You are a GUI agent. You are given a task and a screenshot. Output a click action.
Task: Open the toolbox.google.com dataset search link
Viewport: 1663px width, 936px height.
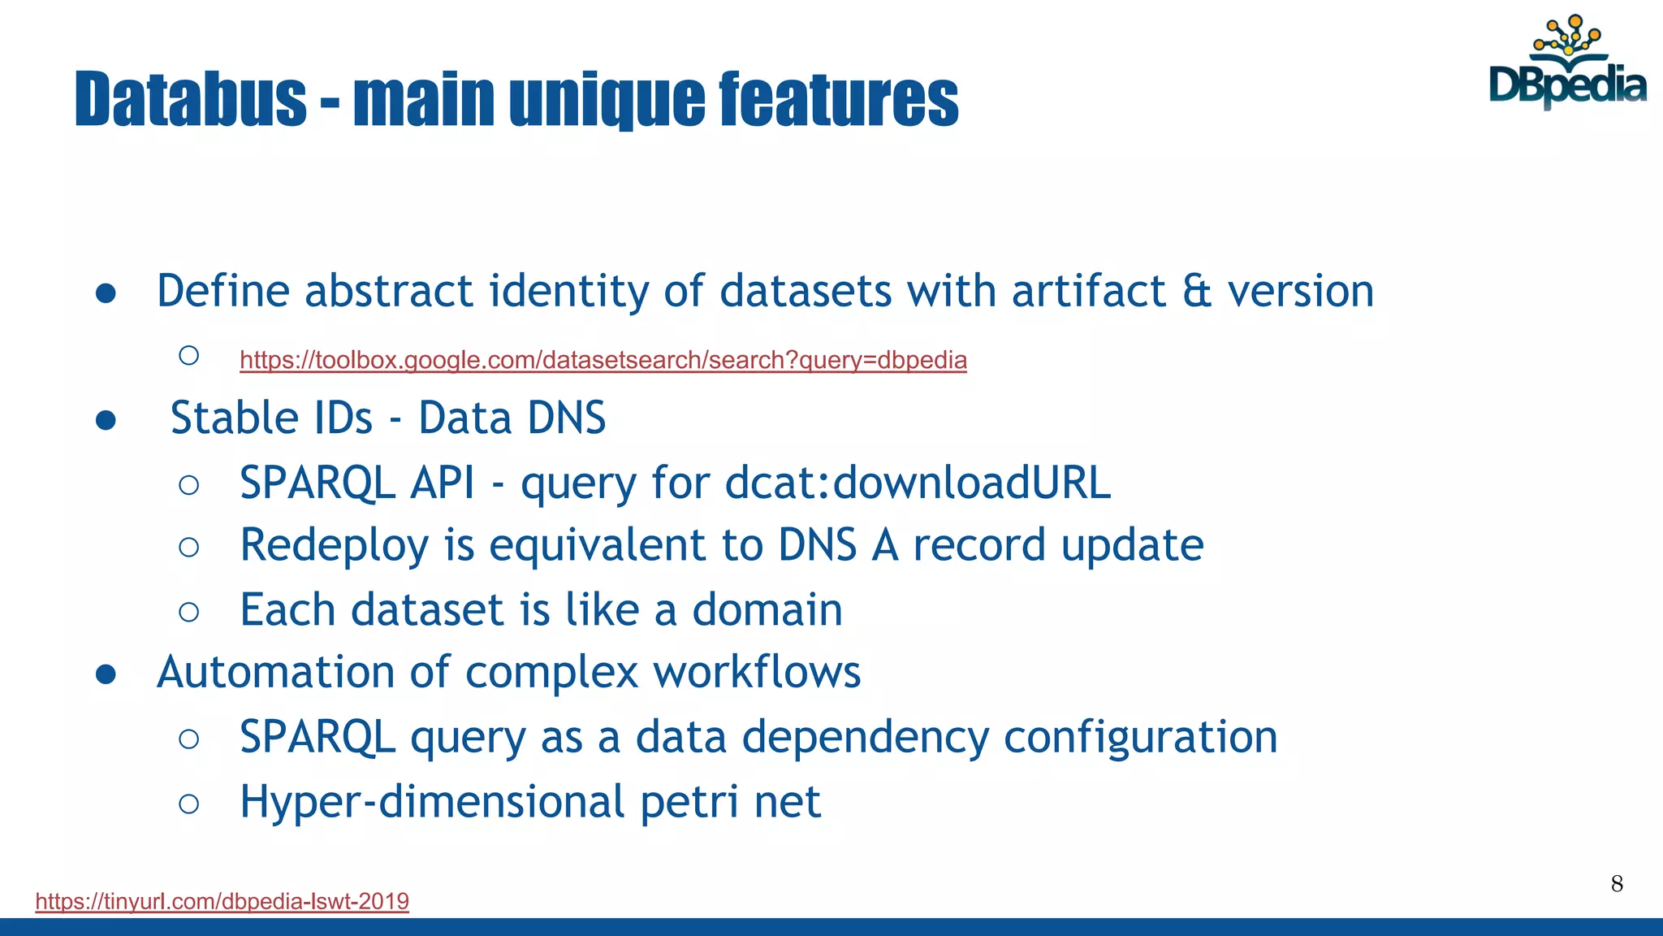603,360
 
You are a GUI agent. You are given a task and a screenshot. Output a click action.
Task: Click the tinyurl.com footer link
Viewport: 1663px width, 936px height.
222,901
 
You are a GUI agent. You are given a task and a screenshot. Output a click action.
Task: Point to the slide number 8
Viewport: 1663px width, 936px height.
1617,884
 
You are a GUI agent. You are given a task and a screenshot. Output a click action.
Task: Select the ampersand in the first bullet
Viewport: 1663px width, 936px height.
1196,291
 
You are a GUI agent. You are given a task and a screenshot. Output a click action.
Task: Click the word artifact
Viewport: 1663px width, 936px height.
1088,291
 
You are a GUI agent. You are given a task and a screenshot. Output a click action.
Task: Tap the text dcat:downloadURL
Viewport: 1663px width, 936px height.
918,483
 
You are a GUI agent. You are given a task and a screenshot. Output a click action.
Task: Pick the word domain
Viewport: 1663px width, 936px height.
767,609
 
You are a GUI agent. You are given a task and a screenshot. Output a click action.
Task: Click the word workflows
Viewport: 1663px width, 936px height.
757,673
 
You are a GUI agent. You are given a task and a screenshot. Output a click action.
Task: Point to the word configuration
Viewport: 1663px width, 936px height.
1140,738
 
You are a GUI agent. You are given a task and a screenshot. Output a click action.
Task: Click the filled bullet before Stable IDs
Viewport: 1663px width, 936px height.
106,420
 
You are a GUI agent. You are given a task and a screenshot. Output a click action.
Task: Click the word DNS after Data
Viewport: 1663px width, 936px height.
566,418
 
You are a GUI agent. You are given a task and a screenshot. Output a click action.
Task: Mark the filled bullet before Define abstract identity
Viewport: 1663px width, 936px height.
106,293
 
